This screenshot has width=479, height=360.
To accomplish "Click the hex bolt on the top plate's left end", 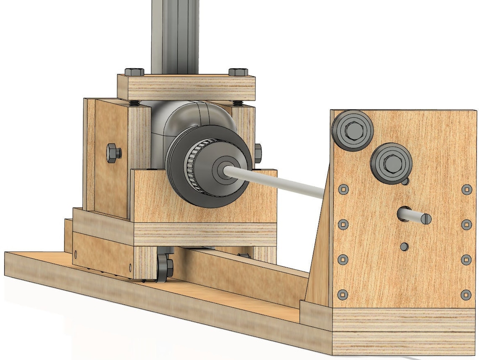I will coord(134,72).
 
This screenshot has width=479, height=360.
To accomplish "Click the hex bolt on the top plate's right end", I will coord(238,72).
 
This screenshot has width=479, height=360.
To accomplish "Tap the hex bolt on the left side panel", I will coord(113,153).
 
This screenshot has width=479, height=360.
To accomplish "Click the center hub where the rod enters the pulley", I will coord(222,169).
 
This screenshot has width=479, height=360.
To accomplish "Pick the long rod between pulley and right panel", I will coord(277,181).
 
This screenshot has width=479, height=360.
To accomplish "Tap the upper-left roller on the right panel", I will coord(353,130).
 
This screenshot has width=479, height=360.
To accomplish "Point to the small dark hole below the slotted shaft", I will coord(404,246).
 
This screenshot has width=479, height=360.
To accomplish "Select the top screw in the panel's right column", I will coord(466,190).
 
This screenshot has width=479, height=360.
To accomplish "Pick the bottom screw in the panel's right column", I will coord(466,295).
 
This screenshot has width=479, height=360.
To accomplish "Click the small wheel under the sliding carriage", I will coord(165,267).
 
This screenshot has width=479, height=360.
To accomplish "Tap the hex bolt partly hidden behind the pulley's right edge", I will coord(258,153).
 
